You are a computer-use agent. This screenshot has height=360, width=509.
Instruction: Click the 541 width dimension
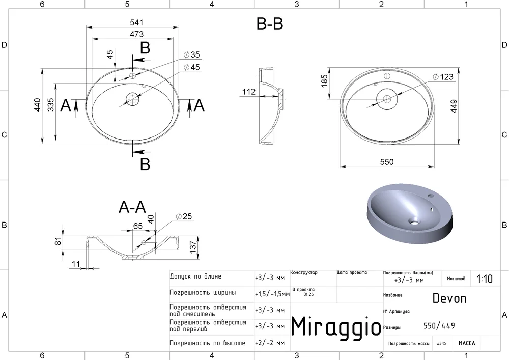tap(136, 23)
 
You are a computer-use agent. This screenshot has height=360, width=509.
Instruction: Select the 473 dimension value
tap(136, 34)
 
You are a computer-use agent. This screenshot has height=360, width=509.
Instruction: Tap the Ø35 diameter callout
tap(191, 54)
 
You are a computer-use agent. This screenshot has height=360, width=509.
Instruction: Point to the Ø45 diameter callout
tap(191, 67)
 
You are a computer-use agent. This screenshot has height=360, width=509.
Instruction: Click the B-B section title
tap(270, 24)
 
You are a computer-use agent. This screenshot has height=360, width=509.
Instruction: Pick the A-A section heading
tap(132, 207)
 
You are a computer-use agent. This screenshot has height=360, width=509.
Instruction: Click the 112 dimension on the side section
tap(249, 92)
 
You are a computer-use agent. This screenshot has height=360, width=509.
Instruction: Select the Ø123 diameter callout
tap(443, 77)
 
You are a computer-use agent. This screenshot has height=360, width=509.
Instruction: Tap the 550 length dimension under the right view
tap(387, 162)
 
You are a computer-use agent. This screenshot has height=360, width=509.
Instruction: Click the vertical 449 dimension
tap(454, 106)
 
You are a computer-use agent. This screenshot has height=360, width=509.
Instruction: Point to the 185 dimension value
tap(324, 81)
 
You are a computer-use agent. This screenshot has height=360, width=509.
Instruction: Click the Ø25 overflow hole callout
tap(184, 216)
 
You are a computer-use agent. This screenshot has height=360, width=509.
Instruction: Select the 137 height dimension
tap(193, 247)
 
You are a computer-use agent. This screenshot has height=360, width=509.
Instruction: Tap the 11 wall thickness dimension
tap(76, 264)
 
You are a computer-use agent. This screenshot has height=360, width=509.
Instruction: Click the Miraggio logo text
tap(336, 326)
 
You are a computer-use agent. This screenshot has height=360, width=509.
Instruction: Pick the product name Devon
tap(449, 298)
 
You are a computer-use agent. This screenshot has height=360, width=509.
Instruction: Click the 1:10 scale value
tap(485, 279)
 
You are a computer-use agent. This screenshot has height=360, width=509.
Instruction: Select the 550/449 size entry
tap(439, 325)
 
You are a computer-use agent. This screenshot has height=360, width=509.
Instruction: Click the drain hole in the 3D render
tap(414, 223)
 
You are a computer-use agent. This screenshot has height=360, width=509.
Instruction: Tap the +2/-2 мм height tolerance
tap(270, 343)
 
